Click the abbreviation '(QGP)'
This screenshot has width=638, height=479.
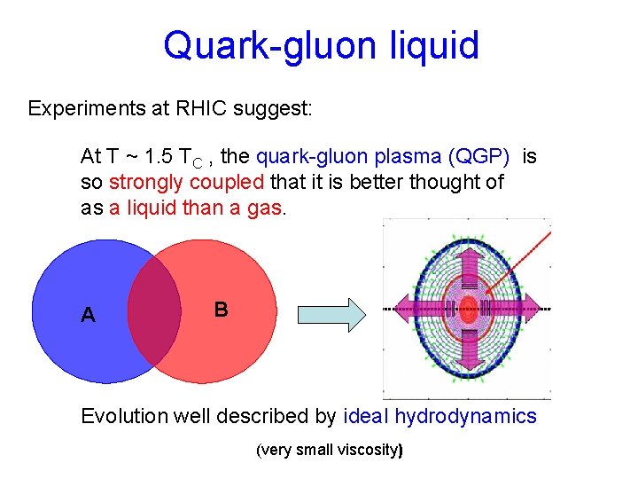point(479,157)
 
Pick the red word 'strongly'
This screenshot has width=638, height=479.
point(144,183)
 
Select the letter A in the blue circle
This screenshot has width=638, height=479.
point(88,315)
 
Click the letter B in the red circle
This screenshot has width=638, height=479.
point(221,310)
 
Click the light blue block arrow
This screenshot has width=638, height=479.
point(331,314)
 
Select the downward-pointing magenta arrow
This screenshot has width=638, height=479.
point(467,364)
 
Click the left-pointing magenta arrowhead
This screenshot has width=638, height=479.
point(404,309)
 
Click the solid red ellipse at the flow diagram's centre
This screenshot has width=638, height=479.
point(467,309)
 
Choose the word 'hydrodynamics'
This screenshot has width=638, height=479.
point(465,417)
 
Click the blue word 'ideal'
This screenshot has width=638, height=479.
point(364,417)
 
